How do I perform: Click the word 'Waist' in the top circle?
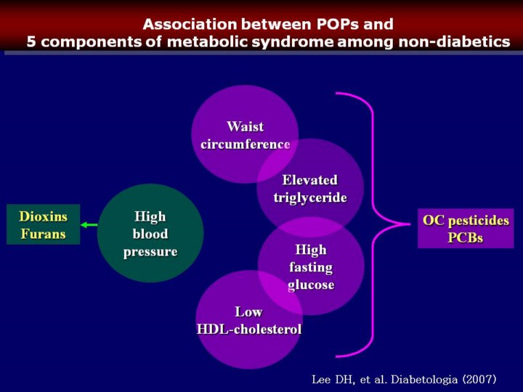pos(245,126)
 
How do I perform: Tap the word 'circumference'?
pos(245,144)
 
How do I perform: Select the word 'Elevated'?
pos(310,180)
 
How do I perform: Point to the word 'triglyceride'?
pos(310,197)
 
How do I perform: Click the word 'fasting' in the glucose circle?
pos(311,267)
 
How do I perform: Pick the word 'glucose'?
pos(311,285)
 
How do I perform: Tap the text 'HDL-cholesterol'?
pos(249,330)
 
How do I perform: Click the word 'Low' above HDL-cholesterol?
pos(248,312)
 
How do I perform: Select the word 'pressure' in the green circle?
pos(150,252)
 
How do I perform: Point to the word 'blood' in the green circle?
pos(150,234)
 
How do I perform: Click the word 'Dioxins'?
pos(43,216)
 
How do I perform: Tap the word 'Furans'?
pos(43,234)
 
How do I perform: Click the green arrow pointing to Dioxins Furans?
pos(89,225)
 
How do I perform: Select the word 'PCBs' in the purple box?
pos(466,237)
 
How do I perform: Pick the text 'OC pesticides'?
pos(466,220)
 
